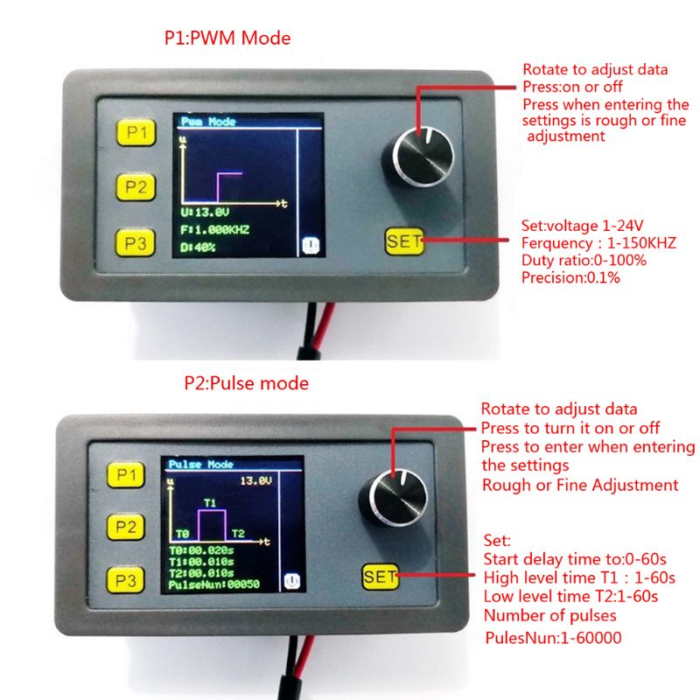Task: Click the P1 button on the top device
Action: [136, 132]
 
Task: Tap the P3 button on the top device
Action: [136, 243]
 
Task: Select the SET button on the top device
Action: [404, 241]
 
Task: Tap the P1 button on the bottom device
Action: [126, 474]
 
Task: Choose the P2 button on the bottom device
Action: [126, 528]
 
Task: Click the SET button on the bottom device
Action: [381, 577]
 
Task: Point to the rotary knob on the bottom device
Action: [394, 498]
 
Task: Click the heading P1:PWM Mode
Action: [227, 38]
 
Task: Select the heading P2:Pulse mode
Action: [247, 383]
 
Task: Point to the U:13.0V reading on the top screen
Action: [205, 213]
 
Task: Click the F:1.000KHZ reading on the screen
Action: [214, 230]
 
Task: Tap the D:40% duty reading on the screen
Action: [198, 248]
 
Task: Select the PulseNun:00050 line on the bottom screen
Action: [213, 584]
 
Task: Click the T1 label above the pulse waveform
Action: [210, 503]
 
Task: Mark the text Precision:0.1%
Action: [570, 277]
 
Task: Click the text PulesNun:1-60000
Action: [553, 638]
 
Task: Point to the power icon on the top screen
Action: [311, 246]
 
